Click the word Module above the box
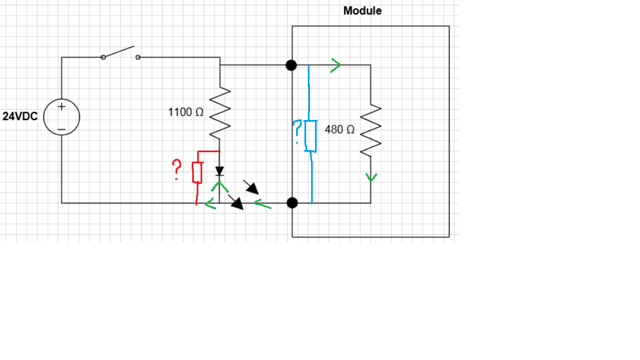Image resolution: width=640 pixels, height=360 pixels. click(x=362, y=11)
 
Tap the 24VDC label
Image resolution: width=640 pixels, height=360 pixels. click(x=20, y=117)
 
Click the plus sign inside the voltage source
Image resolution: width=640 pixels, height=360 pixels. click(x=62, y=106)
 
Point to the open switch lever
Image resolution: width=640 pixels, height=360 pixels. click(x=119, y=52)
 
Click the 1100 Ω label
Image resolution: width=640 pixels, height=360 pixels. click(x=186, y=112)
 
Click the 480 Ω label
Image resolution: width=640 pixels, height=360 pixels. click(x=339, y=129)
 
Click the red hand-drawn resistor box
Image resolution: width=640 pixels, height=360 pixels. click(x=197, y=172)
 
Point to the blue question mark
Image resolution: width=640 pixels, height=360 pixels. click(x=298, y=132)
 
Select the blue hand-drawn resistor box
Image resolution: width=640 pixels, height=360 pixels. click(x=311, y=136)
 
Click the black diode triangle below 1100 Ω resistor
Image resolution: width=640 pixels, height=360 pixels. click(x=220, y=170)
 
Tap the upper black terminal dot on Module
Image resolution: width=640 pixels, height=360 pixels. click(x=291, y=65)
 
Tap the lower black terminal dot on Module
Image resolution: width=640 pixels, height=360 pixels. click(x=292, y=203)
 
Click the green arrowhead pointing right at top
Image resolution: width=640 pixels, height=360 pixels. click(x=336, y=65)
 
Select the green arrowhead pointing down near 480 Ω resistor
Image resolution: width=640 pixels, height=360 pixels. click(x=371, y=177)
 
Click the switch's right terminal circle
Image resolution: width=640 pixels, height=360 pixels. click(x=138, y=57)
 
